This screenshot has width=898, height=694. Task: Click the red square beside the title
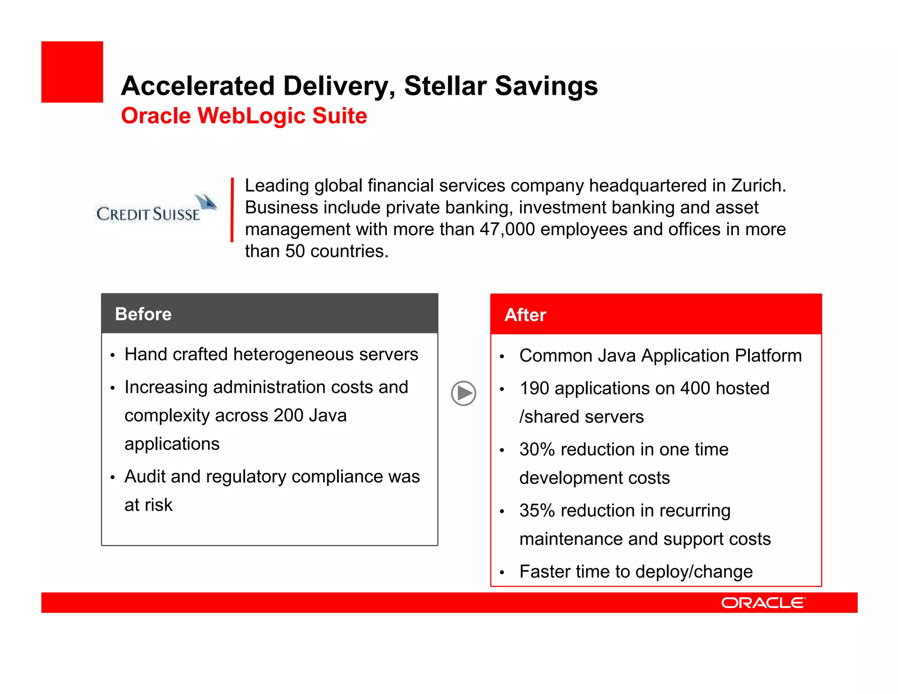click(72, 72)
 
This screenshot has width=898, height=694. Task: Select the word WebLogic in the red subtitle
click(251, 116)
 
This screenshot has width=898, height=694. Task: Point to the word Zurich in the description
click(758, 186)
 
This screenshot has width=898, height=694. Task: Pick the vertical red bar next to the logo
click(232, 210)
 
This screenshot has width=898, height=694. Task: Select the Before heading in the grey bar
click(143, 314)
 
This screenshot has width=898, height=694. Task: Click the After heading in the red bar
click(525, 315)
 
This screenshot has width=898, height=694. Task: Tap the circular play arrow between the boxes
click(463, 393)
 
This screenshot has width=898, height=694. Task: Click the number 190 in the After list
click(534, 389)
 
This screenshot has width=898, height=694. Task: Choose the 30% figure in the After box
click(537, 450)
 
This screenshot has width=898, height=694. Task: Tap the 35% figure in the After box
click(537, 511)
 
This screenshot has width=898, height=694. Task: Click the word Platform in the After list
click(768, 356)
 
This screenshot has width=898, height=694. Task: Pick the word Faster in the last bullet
click(545, 572)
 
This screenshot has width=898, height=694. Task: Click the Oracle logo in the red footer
click(763, 603)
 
